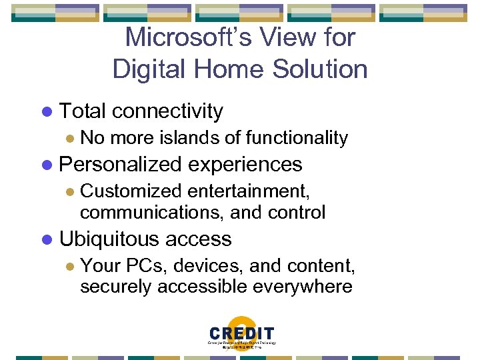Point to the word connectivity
(x=167, y=111)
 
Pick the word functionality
(x=297, y=138)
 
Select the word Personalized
(x=120, y=165)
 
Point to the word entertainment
(x=248, y=191)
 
